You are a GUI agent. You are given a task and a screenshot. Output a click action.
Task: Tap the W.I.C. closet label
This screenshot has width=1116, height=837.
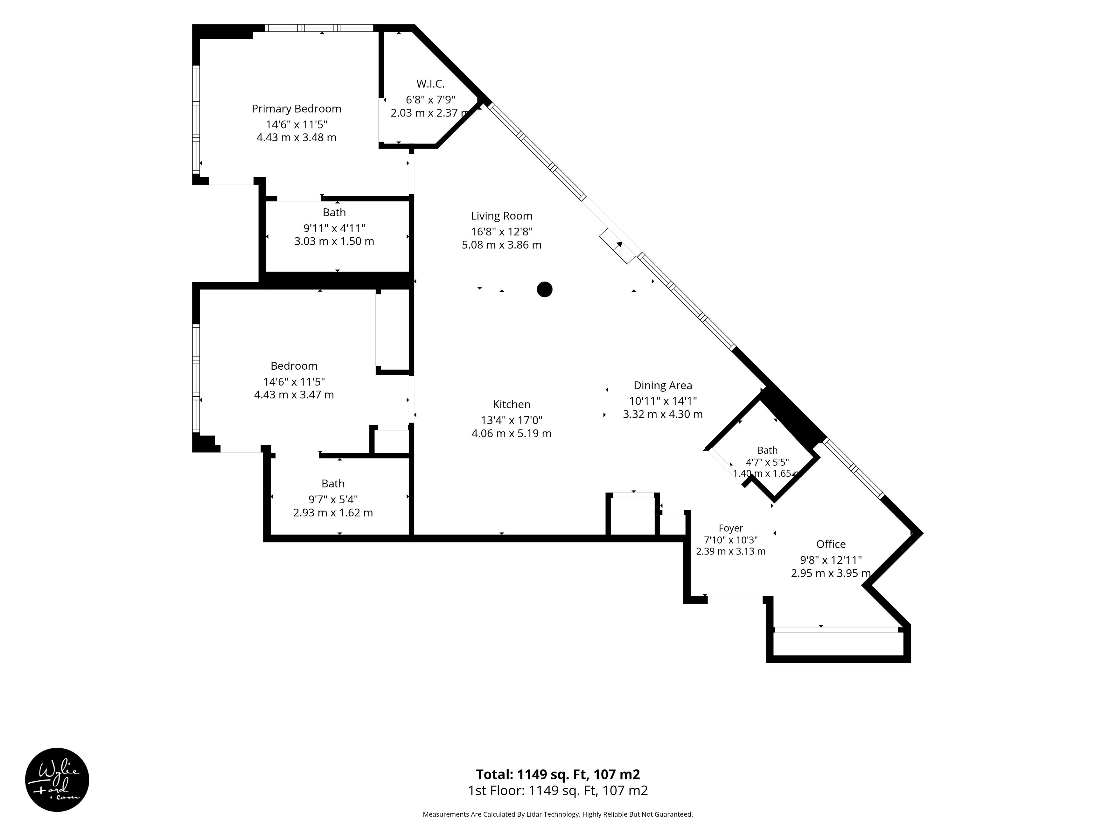point(430,84)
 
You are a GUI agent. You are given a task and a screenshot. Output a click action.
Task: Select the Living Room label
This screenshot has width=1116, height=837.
point(502,216)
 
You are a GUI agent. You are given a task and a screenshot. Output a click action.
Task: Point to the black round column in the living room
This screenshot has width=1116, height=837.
point(544,289)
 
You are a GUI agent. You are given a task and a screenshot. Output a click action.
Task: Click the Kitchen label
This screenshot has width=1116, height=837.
point(511,404)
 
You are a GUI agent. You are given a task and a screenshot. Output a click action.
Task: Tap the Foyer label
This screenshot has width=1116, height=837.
point(731,528)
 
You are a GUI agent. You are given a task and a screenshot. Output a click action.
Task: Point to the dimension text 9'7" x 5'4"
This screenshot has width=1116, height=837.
point(333,500)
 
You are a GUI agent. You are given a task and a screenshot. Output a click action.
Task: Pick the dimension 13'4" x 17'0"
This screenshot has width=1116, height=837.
point(511,420)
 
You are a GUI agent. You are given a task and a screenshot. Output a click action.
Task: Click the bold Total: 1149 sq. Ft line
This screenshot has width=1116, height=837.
point(558,774)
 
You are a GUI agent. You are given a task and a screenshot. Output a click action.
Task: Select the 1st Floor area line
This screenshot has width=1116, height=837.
point(558,791)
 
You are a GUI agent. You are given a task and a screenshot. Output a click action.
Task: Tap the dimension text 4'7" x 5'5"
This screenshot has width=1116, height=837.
point(767,462)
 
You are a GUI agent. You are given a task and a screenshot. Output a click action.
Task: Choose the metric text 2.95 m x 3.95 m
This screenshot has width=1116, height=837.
point(830,573)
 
